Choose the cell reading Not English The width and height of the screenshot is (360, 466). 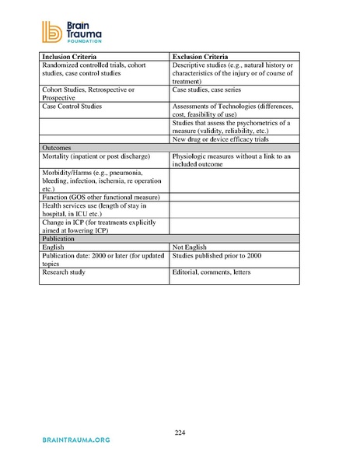[x=190, y=247]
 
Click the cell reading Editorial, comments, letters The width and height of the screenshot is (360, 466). [x=222, y=273]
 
